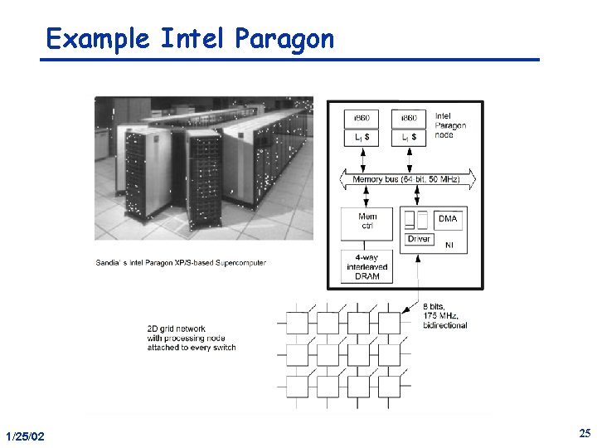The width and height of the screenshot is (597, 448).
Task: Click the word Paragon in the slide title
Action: [x=284, y=39]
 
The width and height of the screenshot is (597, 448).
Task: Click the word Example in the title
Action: [x=98, y=39]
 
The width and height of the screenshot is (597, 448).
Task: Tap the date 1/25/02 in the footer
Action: [x=25, y=436]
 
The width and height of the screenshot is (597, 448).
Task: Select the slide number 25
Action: [x=584, y=433]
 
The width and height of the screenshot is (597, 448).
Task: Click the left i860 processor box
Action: [x=361, y=119]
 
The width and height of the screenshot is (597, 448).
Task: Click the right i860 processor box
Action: [x=409, y=119]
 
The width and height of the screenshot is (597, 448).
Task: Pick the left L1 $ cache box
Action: [x=361, y=136]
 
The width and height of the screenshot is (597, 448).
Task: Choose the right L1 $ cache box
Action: [x=409, y=136]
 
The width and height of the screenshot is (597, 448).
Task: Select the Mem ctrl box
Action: [x=367, y=222]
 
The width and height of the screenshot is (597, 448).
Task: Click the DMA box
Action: [x=447, y=219]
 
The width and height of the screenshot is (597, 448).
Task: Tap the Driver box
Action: [x=420, y=239]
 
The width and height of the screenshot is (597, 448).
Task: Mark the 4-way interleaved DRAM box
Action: [x=367, y=266]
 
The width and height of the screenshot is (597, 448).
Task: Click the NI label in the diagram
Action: [x=449, y=245]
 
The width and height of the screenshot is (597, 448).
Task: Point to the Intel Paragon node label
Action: [x=450, y=126]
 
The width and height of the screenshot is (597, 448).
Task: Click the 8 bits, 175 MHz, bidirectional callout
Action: [x=444, y=316]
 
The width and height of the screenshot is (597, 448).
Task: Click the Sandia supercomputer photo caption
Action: [x=181, y=263]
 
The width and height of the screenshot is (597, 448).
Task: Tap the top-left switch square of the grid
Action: [x=296, y=323]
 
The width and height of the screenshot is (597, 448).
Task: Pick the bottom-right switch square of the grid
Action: [x=389, y=386]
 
